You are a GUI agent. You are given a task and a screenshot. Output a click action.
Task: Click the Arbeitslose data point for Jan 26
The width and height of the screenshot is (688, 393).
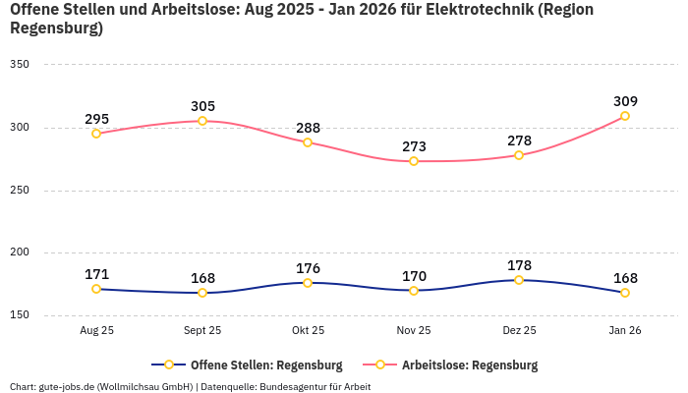tap(625, 116)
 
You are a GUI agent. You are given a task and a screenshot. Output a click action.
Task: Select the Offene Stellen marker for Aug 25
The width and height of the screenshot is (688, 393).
tap(96, 289)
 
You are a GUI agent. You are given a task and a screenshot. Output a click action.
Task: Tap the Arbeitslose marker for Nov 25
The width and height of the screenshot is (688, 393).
tap(414, 161)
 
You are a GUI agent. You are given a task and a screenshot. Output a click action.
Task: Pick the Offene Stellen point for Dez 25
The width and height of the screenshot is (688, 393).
tap(519, 280)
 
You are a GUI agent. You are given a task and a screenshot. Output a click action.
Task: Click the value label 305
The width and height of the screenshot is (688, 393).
tap(202, 106)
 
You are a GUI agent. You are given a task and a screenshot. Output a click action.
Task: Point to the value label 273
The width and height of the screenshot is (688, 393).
tap(414, 146)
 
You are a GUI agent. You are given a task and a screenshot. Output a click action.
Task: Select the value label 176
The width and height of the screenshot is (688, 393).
tap(308, 268)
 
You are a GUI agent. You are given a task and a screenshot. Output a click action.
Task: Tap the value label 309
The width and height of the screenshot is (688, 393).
tap(625, 101)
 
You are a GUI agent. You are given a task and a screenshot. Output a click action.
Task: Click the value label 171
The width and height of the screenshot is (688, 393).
tap(96, 274)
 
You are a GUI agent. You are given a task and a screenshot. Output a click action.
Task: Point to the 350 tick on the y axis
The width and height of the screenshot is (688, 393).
tap(20, 65)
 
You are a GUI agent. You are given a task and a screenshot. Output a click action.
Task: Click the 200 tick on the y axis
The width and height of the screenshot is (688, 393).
tap(20, 253)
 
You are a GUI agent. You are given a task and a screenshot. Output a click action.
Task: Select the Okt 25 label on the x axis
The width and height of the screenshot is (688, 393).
tap(308, 331)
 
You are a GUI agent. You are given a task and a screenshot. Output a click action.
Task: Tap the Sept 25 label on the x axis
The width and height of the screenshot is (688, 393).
tap(202, 331)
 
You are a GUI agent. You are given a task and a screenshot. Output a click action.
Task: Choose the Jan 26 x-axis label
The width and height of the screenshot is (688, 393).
tap(625, 331)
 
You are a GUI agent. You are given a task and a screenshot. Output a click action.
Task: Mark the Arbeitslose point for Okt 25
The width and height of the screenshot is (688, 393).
tap(308, 142)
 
